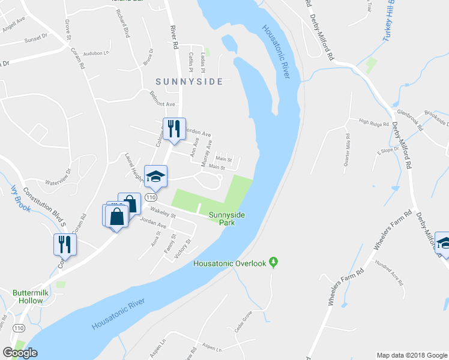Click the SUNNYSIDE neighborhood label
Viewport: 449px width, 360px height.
pos(189,81)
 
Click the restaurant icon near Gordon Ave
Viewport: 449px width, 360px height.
pos(175,128)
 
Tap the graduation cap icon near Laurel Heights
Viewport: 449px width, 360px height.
pos(156,176)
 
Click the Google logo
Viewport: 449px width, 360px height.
pos(20,353)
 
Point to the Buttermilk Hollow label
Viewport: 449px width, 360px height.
pos(28,297)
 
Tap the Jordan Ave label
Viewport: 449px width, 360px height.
pos(152,222)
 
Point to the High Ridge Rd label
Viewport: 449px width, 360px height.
pos(374,123)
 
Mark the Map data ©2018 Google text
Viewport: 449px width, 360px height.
pos(411,355)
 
